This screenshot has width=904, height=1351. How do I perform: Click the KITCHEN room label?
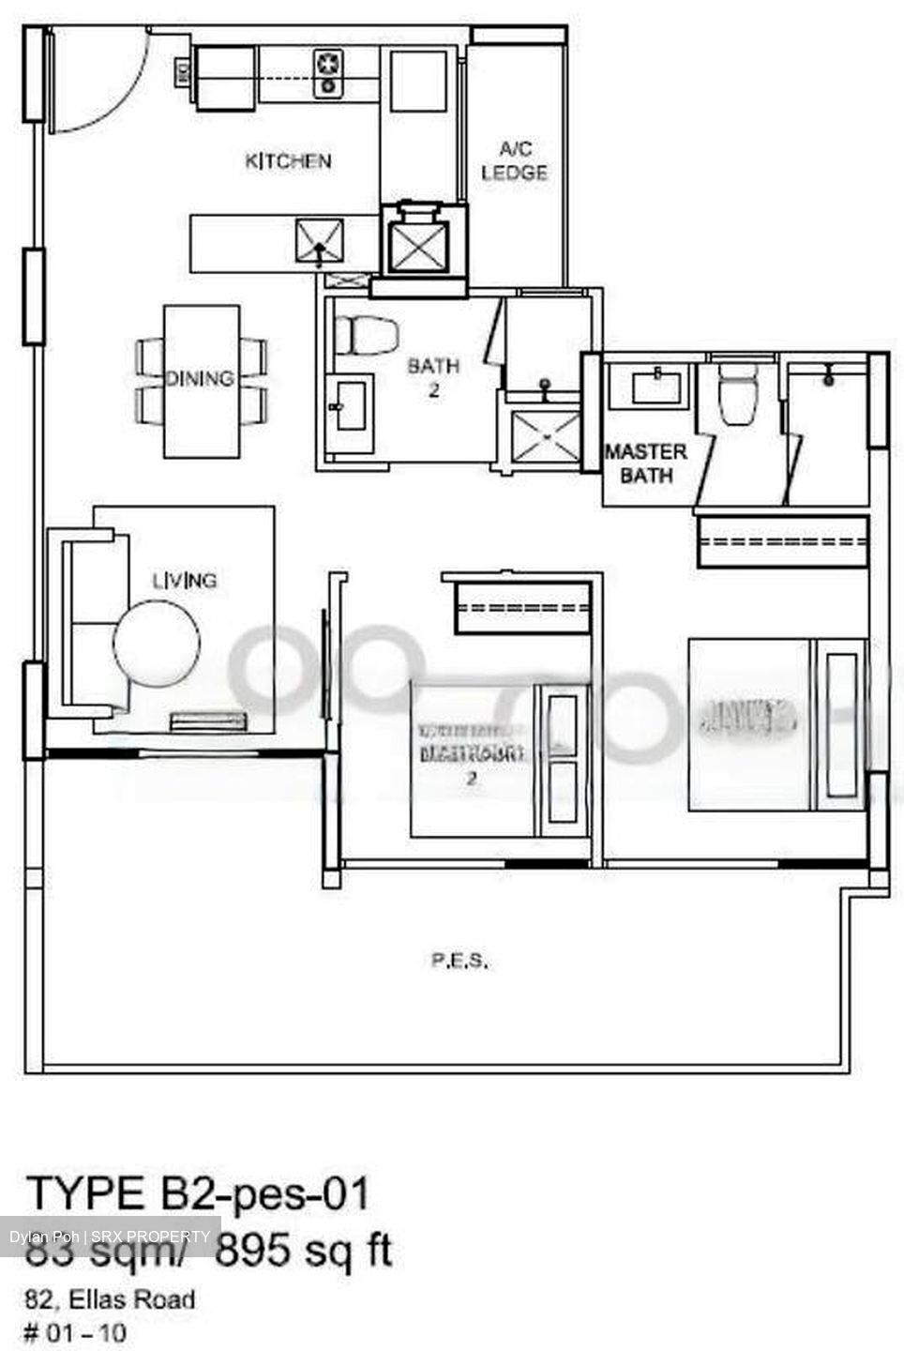click(x=288, y=161)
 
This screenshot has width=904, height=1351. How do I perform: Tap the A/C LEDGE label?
click(x=514, y=160)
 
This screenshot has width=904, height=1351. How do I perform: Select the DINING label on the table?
click(x=199, y=378)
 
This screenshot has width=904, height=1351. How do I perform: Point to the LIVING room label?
click(x=185, y=581)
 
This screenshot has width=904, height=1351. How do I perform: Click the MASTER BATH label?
click(x=645, y=463)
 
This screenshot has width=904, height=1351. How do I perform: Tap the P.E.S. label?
click(x=460, y=961)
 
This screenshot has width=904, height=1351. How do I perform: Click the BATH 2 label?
click(x=433, y=377)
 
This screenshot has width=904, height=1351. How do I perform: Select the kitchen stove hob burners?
click(x=328, y=72)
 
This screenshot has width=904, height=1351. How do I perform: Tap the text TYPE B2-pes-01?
click(x=199, y=1194)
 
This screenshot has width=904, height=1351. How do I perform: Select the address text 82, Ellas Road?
click(x=111, y=1299)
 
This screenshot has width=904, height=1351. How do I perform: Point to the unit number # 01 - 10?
click(x=75, y=1332)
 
